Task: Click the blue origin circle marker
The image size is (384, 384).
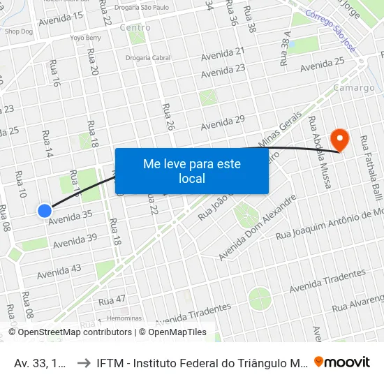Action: [45, 210]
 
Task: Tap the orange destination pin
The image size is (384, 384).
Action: [340, 138]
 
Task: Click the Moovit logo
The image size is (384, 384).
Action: [342, 362]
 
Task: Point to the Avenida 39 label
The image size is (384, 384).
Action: [75, 241]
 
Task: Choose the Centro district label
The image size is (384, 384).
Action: [135, 28]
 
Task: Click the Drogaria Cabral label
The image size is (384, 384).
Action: [148, 58]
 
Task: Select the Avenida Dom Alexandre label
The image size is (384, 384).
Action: [257, 228]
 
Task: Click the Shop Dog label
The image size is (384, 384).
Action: [18, 31]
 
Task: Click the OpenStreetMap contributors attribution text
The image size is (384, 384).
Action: [75, 332]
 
